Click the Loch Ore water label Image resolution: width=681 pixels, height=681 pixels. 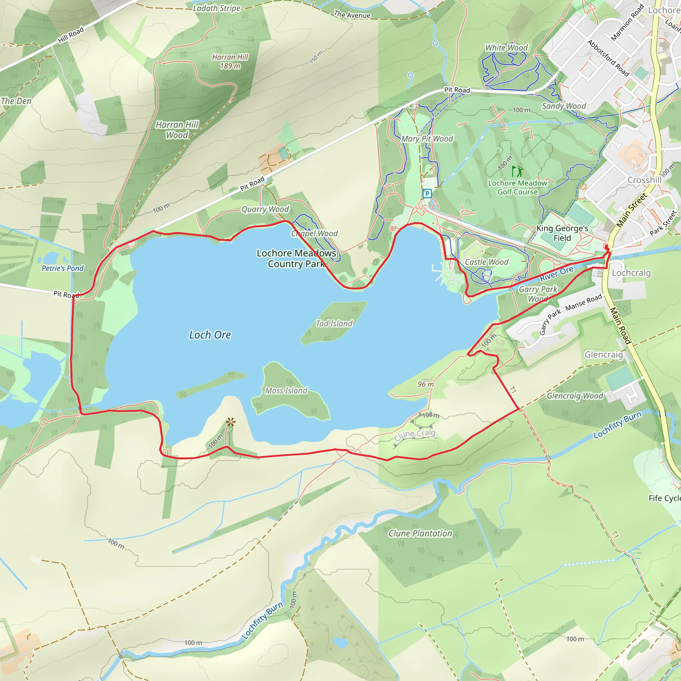(x=210, y=335)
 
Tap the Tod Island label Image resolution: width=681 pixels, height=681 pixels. (x=334, y=323)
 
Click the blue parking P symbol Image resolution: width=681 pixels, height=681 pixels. (x=427, y=193)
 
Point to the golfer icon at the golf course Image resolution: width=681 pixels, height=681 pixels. (x=517, y=171)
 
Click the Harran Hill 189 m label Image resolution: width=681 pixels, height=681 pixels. (x=230, y=61)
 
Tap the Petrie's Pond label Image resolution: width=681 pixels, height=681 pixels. (x=63, y=268)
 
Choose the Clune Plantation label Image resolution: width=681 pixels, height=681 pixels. (x=420, y=533)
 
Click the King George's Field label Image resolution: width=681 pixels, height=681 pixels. (x=562, y=233)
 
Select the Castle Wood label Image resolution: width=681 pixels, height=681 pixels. (x=486, y=262)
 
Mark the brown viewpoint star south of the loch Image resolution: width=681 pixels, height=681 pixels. (x=230, y=422)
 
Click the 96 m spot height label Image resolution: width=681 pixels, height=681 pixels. (x=425, y=384)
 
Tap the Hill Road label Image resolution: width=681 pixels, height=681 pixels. (x=71, y=35)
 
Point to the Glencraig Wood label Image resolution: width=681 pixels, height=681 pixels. (x=575, y=396)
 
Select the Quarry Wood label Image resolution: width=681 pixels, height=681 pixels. (x=265, y=209)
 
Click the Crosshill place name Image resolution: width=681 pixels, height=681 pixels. (x=644, y=180)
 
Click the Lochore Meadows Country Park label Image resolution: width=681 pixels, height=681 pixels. (x=296, y=258)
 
